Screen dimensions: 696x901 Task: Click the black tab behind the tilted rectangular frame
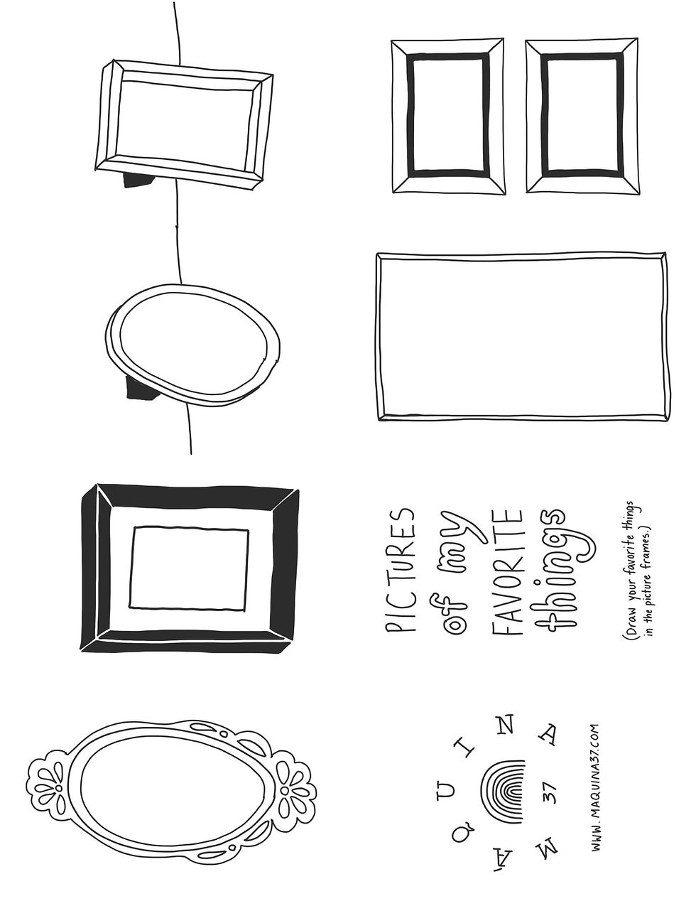pos(138,180)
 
